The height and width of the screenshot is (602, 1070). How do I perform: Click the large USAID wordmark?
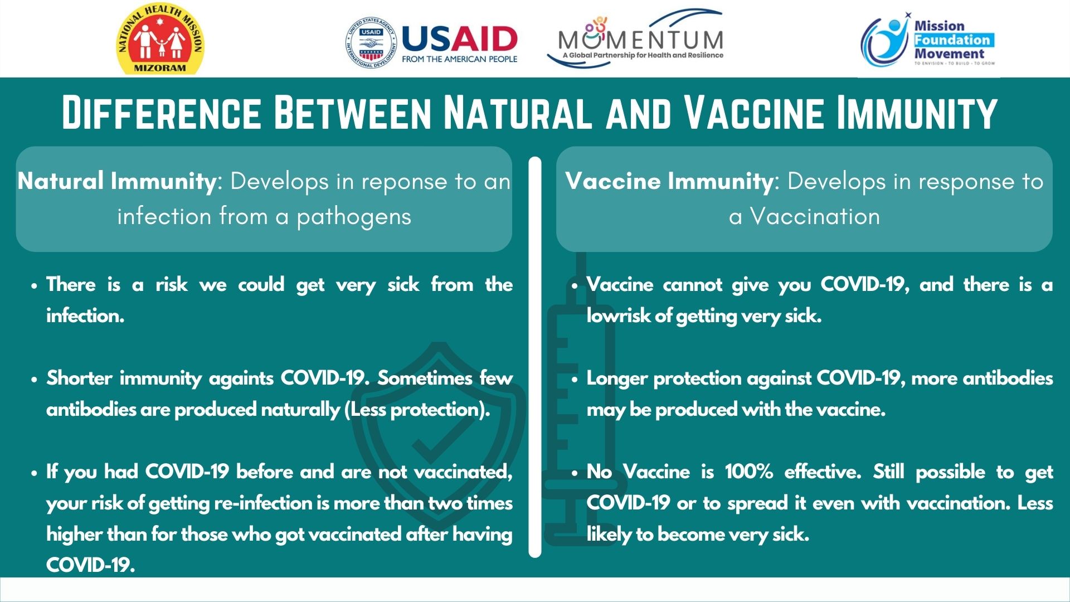pos(459,40)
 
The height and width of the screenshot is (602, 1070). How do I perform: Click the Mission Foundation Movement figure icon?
pos(886,42)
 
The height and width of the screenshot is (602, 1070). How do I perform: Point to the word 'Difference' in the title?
pos(161,113)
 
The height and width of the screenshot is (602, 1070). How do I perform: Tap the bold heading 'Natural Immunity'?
pos(116,181)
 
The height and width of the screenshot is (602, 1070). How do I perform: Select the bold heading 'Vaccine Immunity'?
pos(669,181)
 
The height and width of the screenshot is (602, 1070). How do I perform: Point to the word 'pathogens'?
pos(354,217)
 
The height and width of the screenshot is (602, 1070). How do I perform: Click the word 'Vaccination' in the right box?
pos(815,216)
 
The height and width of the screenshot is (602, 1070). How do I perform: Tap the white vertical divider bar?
pos(535,357)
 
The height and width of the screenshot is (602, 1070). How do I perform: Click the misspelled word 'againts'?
pos(241,379)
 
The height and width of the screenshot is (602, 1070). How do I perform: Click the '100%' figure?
pos(749,472)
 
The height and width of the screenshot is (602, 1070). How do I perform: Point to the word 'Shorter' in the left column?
pos(79,378)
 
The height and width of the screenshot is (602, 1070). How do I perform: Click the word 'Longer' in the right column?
pos(617,379)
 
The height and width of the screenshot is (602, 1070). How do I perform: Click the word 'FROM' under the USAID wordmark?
pos(413,59)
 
